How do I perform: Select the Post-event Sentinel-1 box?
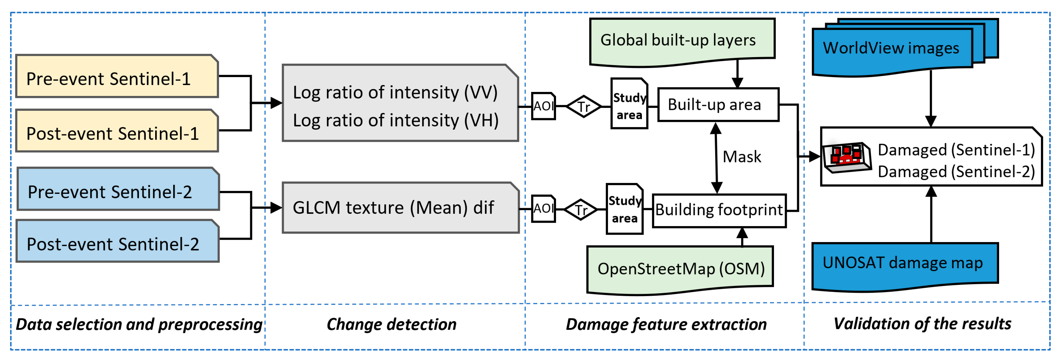click(117, 131)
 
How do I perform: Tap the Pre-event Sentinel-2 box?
click(118, 190)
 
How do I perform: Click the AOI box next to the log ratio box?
click(543, 106)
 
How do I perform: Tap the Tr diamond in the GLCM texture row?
click(581, 210)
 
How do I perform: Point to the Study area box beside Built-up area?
click(629, 104)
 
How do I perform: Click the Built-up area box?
click(718, 105)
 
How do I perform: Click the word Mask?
click(741, 157)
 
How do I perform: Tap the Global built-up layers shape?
click(682, 40)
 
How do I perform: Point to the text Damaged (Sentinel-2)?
click(956, 172)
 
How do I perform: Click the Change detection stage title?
click(391, 324)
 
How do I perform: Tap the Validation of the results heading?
click(922, 323)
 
